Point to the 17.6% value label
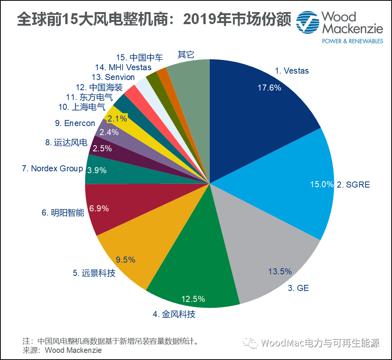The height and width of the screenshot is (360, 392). pyautogui.click(x=269, y=88)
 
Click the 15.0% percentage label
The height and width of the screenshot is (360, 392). pyautogui.click(x=321, y=185)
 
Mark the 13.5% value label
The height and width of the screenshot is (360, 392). pyautogui.click(x=280, y=271)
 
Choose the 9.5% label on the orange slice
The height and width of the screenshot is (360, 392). pyautogui.click(x=126, y=260)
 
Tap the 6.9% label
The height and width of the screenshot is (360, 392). pyautogui.click(x=99, y=208)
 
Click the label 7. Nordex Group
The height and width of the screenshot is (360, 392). pyautogui.click(x=52, y=168)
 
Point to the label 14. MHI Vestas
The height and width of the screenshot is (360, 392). pyautogui.click(x=123, y=68)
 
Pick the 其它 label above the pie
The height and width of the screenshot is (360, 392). pyautogui.click(x=186, y=54)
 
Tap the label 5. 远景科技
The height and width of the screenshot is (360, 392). pyautogui.click(x=94, y=273)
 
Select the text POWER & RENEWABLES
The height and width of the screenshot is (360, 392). pyautogui.click(x=352, y=41)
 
